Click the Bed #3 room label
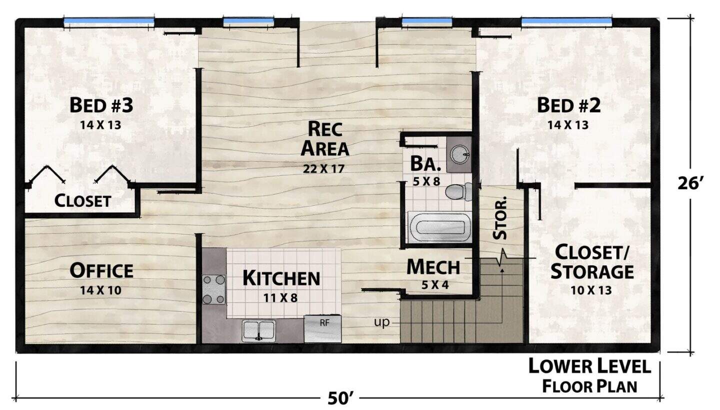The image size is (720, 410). pyautogui.click(x=101, y=105)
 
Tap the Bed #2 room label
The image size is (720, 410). pyautogui.click(x=568, y=105)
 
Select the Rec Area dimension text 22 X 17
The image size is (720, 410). pyautogui.click(x=323, y=169)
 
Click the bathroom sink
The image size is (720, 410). pyautogui.click(x=459, y=154)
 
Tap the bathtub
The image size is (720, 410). pyautogui.click(x=439, y=227)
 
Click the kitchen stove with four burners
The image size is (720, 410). pyautogui.click(x=214, y=290)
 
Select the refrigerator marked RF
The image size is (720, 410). pyautogui.click(x=322, y=329)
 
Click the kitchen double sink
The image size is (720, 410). pyautogui.click(x=259, y=331)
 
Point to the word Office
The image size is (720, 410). pyautogui.click(x=101, y=271)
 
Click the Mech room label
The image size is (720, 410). pyautogui.click(x=433, y=267)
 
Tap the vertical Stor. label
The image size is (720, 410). pyautogui.click(x=500, y=218)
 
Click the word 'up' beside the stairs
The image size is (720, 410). pyautogui.click(x=382, y=322)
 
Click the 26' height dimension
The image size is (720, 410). pyautogui.click(x=688, y=184)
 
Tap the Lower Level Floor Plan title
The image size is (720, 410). pyautogui.click(x=590, y=376)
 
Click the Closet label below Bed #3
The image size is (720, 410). pyautogui.click(x=82, y=201)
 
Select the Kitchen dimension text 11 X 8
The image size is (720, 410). pyautogui.click(x=280, y=298)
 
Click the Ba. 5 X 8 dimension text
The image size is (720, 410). pyautogui.click(x=426, y=182)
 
